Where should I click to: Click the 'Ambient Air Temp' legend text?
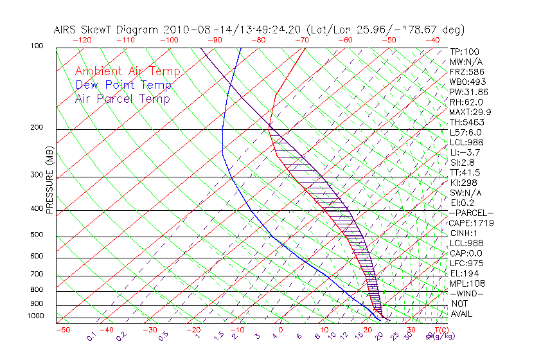click(x=127, y=71)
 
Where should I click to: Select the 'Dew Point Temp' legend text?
click(x=123, y=85)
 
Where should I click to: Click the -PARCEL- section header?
click(x=471, y=213)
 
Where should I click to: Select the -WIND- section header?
click(x=466, y=293)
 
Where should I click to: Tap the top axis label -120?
click(x=82, y=40)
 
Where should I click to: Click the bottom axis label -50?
click(x=62, y=330)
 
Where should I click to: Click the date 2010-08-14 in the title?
click(x=191, y=30)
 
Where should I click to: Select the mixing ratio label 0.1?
click(x=91, y=336)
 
